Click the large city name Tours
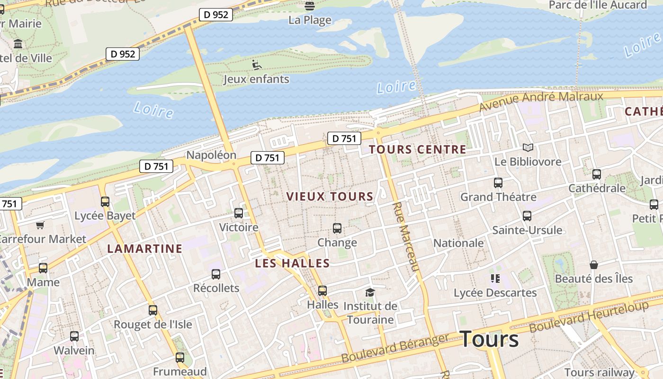[x=489, y=339]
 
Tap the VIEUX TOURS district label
[x=330, y=197]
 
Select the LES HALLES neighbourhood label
[x=292, y=263]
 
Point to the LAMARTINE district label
[x=144, y=249]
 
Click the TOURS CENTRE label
[x=417, y=150]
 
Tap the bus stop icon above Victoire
[x=239, y=213]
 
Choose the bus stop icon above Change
[x=337, y=228]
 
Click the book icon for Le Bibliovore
[x=528, y=148]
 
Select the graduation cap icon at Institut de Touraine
[x=370, y=292]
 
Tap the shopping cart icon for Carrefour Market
[x=40, y=225]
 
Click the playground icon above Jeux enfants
[x=256, y=64]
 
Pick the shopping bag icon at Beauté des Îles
[x=593, y=264]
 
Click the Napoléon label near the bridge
[x=211, y=155]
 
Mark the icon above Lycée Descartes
[x=495, y=279]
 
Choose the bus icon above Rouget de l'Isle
[x=152, y=310]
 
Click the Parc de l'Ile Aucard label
[x=598, y=5]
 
